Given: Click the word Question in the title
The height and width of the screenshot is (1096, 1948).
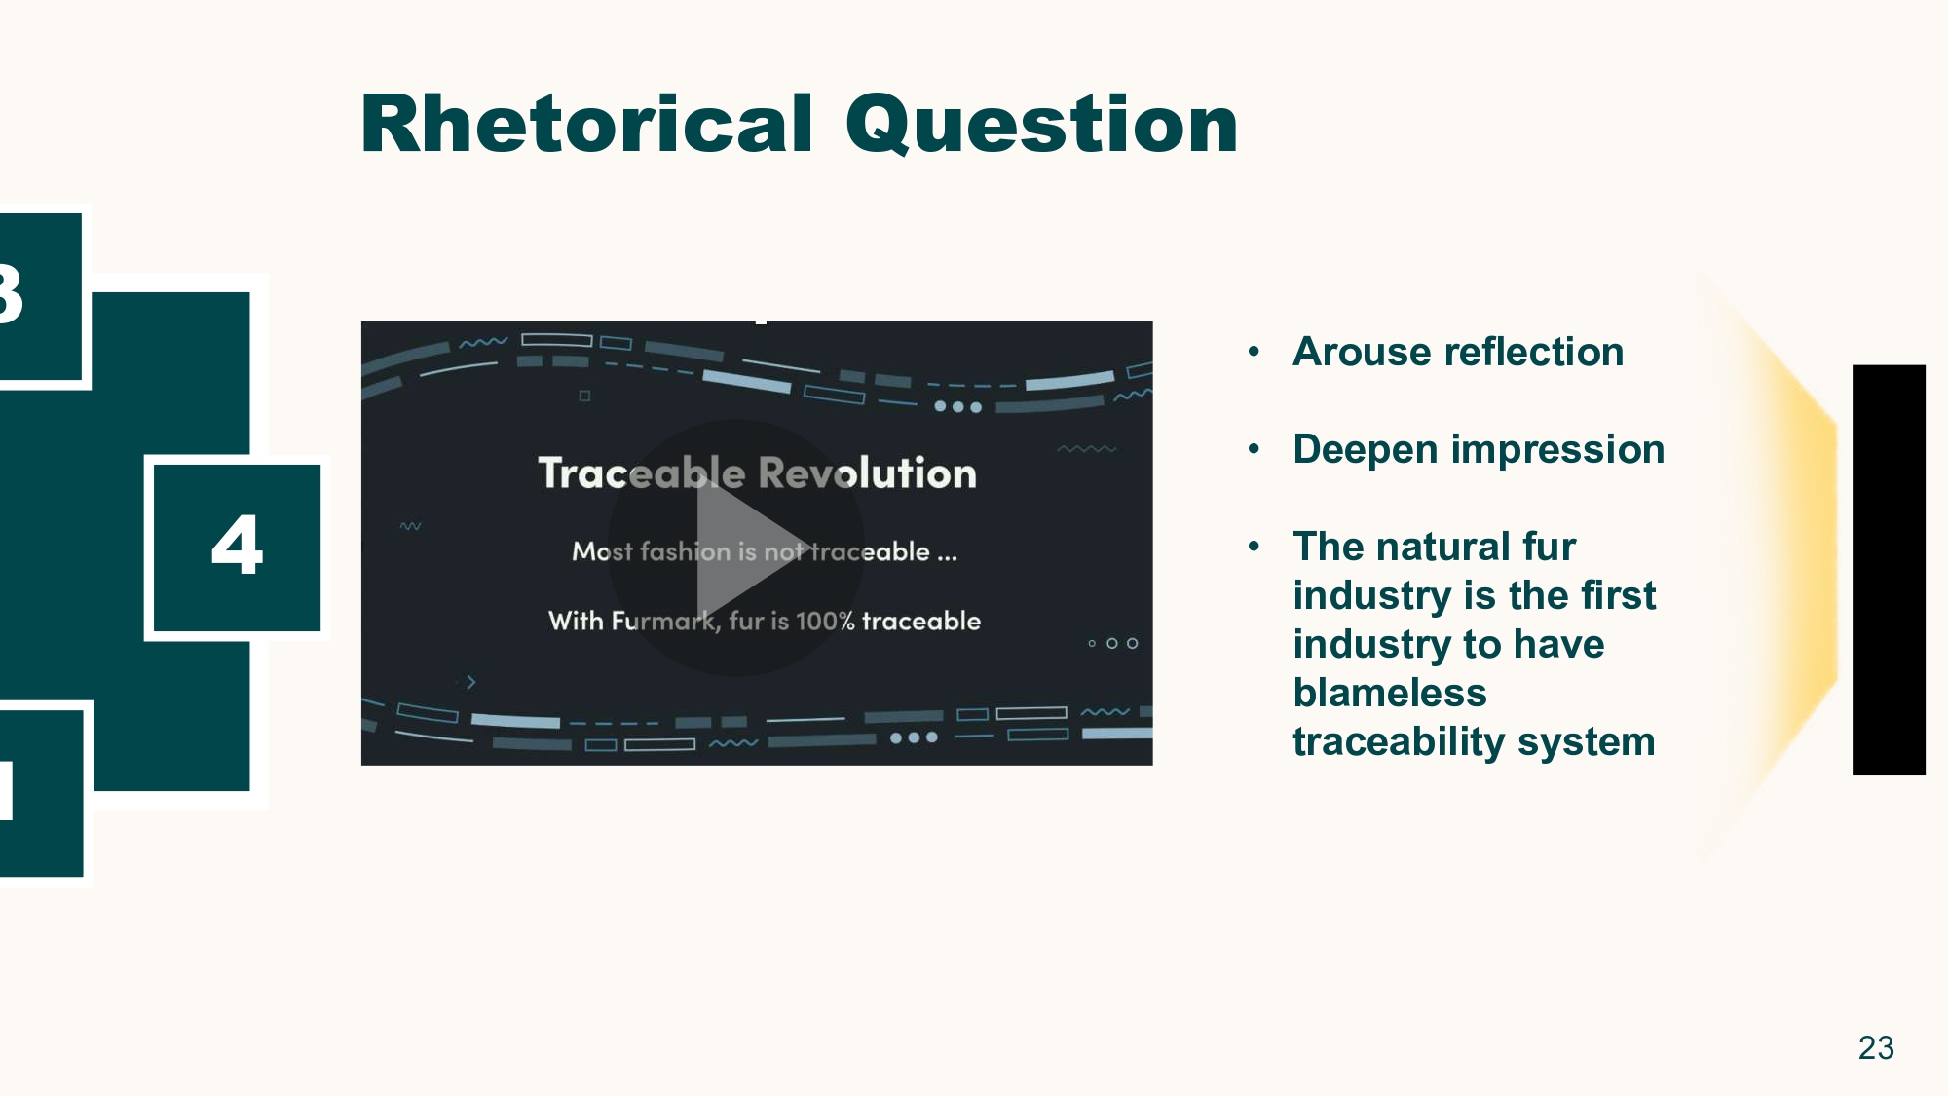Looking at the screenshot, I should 1041,125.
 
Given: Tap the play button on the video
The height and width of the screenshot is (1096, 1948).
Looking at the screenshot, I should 737,548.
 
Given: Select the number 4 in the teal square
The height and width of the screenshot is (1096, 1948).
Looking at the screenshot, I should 237,546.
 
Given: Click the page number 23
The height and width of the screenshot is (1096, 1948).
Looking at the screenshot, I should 1875,1047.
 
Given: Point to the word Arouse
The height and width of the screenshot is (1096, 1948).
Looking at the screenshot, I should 1348,352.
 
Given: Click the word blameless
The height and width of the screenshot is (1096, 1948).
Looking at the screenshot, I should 1390,693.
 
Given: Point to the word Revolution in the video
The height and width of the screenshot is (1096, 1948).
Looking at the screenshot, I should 867,473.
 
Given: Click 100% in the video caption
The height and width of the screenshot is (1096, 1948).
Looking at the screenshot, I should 824,621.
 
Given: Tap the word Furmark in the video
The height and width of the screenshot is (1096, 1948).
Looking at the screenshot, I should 663,621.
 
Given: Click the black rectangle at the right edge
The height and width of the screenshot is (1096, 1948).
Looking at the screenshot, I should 1888,570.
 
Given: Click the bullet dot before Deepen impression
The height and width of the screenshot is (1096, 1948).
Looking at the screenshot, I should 1255,449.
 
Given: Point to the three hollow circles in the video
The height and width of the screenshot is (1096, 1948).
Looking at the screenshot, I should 1112,643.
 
